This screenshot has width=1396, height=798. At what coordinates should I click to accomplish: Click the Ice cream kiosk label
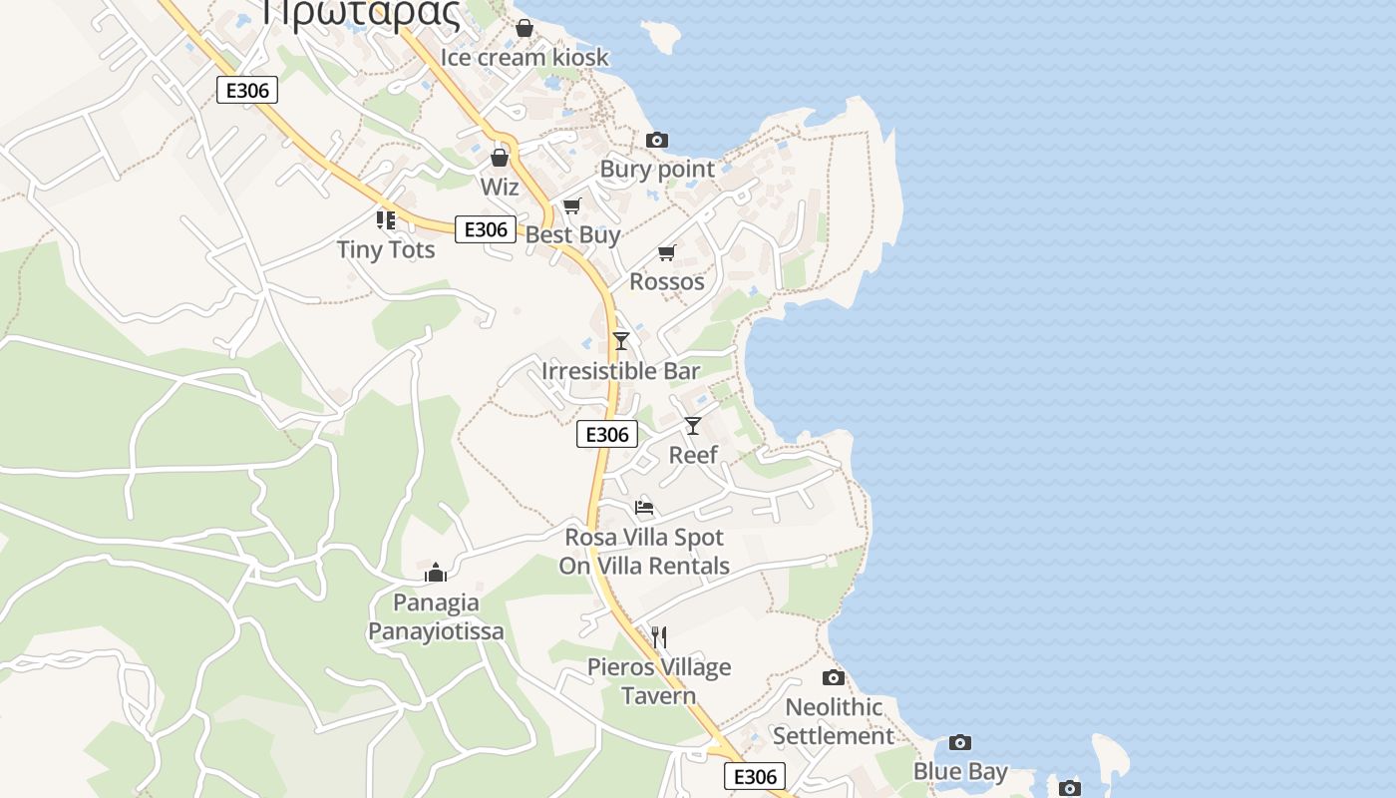click(x=524, y=57)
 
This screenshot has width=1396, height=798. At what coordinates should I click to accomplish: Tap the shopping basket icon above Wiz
click(x=500, y=158)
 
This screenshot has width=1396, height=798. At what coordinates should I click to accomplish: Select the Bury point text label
click(x=657, y=169)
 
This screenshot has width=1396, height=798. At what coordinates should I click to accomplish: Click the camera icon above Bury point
click(x=656, y=140)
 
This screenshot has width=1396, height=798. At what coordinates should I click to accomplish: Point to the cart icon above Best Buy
click(x=571, y=205)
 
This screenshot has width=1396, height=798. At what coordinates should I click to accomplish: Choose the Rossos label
click(x=667, y=281)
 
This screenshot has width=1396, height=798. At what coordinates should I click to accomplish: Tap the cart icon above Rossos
click(x=667, y=252)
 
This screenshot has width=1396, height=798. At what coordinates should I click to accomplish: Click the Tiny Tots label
click(x=386, y=249)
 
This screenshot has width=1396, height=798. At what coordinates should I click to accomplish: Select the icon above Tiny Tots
click(x=386, y=219)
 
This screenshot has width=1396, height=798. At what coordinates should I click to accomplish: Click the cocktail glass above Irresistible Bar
click(x=621, y=341)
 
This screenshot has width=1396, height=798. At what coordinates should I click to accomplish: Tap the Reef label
click(x=693, y=455)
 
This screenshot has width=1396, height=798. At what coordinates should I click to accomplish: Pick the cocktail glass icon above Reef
click(x=693, y=426)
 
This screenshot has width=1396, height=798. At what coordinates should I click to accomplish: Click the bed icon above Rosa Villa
click(x=644, y=508)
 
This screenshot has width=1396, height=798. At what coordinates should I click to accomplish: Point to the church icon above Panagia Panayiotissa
click(x=436, y=573)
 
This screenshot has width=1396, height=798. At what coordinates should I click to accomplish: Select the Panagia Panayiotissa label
click(x=436, y=616)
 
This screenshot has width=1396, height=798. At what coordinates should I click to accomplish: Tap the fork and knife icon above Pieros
click(x=658, y=636)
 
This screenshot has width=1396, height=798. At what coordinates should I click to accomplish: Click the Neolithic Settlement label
click(x=834, y=721)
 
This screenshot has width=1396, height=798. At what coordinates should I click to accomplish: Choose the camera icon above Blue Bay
click(x=960, y=742)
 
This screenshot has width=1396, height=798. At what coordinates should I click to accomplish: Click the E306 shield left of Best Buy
click(x=486, y=229)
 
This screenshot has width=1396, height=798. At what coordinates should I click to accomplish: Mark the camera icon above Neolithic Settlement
click(x=834, y=678)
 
